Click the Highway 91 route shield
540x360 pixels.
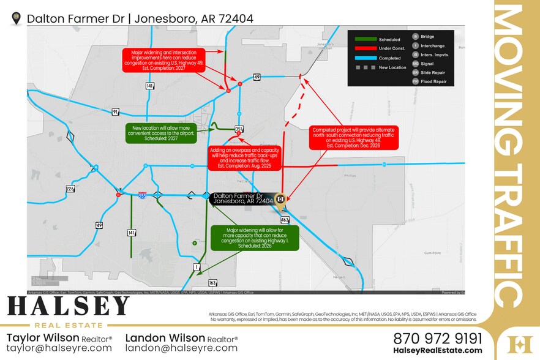tap(115, 111)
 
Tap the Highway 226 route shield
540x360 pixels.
tap(70, 189)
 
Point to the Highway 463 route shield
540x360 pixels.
tap(285, 219)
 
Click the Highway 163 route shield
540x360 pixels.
tap(212, 283)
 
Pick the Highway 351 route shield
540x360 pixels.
tap(239, 129)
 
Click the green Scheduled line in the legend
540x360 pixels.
tap(365, 39)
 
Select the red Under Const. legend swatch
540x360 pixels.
tap(365, 48)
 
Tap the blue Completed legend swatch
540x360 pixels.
tap(365, 58)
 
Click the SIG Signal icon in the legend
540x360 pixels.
tap(415, 63)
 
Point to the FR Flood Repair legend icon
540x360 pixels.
tap(415, 81)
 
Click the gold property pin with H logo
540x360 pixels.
tap(280, 200)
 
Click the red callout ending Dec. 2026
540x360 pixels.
tap(353, 138)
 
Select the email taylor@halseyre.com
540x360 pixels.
tap(59, 348)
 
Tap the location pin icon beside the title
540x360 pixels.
tap(17, 18)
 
